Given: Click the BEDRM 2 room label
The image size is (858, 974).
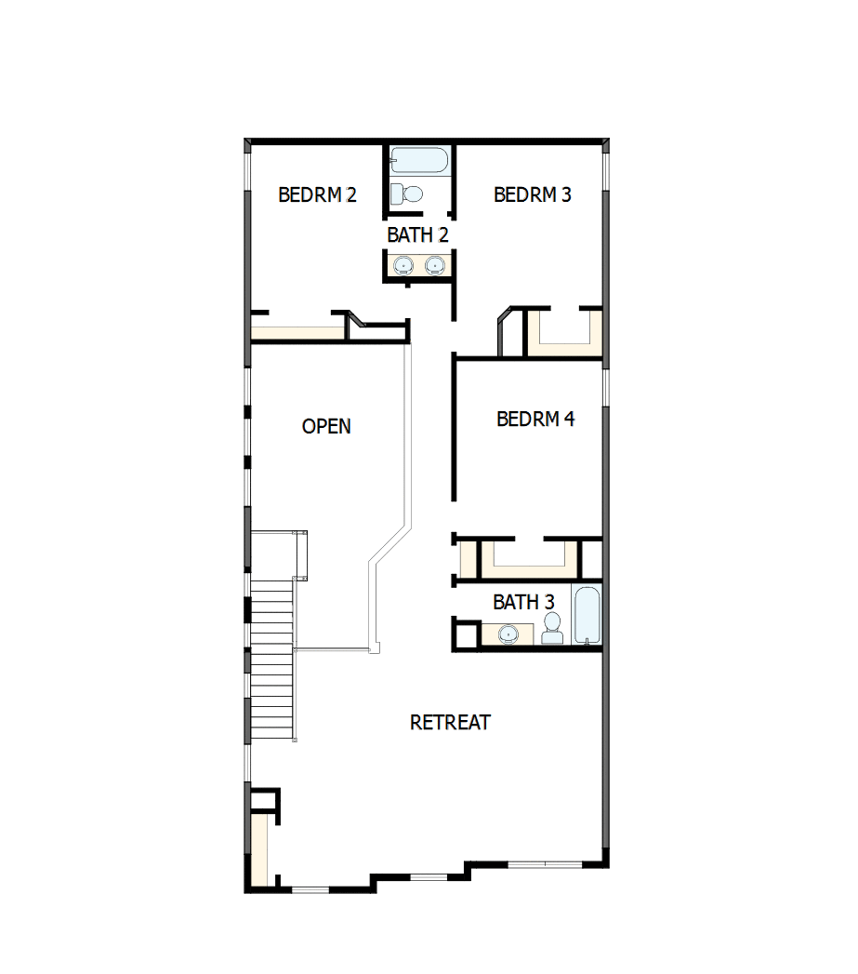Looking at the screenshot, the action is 317,195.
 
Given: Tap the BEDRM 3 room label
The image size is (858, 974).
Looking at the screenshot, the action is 532,195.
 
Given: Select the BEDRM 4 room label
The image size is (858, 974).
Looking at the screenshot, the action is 535,420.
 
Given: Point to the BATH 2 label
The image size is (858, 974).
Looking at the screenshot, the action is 417,235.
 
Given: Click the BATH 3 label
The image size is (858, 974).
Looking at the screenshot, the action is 523,603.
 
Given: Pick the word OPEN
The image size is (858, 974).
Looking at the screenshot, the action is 326,427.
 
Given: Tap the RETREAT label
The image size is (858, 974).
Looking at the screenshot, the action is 450,723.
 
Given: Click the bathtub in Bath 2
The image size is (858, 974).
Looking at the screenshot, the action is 419,160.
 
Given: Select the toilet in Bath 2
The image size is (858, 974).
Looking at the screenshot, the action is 406,193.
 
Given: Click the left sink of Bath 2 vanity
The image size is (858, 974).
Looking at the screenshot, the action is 403,266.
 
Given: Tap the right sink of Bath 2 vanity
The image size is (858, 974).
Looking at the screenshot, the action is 435,266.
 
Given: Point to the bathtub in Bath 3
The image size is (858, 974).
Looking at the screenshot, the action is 587,615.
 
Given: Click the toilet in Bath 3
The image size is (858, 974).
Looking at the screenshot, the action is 552,628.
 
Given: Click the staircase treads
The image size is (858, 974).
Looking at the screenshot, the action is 272,659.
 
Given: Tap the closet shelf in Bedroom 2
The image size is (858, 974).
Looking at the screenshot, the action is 297,333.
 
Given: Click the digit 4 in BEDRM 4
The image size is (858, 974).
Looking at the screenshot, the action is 569,420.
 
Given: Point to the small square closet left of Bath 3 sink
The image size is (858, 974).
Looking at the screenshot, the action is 467,634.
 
